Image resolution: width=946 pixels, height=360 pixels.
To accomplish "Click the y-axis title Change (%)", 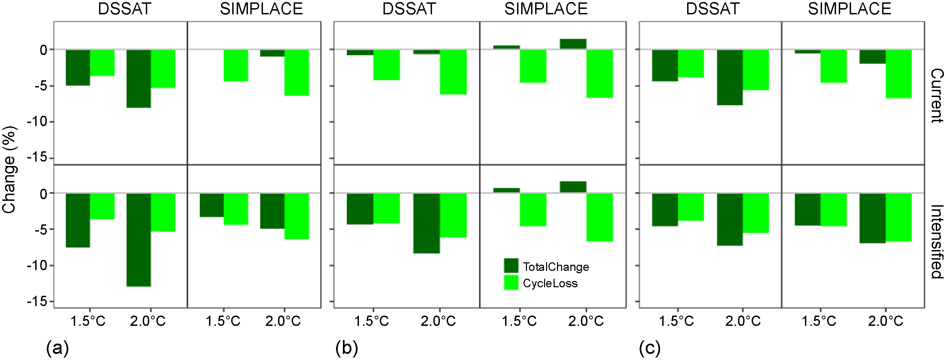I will point(9,170).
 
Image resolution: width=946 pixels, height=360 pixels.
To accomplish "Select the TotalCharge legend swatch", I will point(511,266).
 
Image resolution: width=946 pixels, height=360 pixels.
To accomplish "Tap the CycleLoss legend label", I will point(550,283).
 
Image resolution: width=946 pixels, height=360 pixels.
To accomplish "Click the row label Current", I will point(937,96).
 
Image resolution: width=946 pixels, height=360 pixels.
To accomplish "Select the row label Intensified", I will point(937,242).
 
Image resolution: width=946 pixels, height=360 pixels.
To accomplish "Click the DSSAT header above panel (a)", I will point(125,9).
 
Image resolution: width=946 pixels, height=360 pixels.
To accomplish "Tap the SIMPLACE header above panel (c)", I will point(849,9).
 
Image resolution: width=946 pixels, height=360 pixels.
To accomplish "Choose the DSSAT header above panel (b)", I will point(409,9).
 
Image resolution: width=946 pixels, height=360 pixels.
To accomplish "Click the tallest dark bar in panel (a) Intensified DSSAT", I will point(139,239).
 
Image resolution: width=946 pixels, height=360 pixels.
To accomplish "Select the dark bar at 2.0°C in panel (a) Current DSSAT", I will point(139,79).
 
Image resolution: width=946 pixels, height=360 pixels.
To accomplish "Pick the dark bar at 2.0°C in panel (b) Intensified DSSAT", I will point(426,223).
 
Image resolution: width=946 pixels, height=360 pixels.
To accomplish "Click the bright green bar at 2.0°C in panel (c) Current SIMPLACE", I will point(899,74).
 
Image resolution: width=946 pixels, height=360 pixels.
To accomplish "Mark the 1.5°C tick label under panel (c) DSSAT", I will point(676,321).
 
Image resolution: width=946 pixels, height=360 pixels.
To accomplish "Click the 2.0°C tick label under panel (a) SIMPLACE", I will point(283,321).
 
